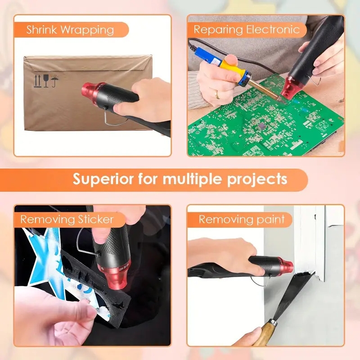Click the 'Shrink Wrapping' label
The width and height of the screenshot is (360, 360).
coord(70,30)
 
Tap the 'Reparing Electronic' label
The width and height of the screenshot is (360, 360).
coord(246,30)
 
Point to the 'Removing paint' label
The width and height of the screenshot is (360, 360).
coord(242,220)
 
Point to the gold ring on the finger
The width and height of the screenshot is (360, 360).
coord(217,94)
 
